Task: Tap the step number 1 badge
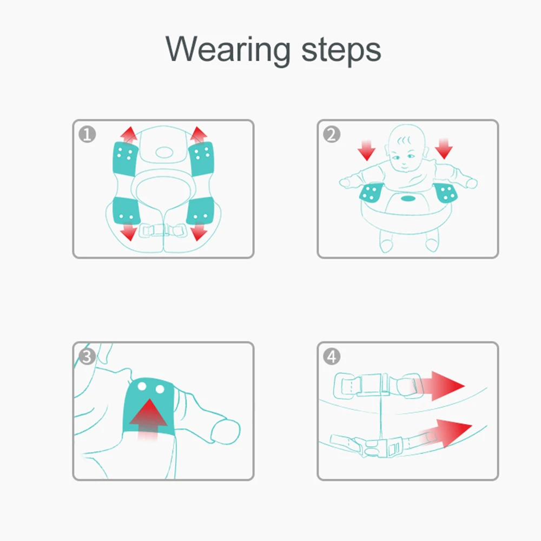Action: point(87,134)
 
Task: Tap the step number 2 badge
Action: point(332,134)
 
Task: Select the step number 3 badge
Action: point(87,357)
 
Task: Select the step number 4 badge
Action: point(332,357)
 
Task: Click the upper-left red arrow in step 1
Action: point(129,135)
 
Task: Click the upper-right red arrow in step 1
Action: point(199,135)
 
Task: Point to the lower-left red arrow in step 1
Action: point(129,232)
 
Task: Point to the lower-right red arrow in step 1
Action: point(199,232)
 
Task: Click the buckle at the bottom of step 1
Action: point(162,230)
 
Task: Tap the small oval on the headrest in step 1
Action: point(164,152)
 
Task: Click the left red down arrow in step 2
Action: point(366,150)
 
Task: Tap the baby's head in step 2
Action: point(407,148)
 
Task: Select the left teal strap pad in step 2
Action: point(371,193)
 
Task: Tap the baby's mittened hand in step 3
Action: point(225,431)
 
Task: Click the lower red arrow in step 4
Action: point(445,433)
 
